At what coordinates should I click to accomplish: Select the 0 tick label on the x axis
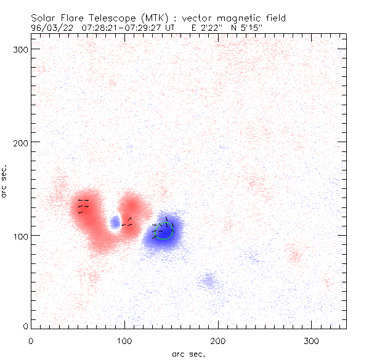pyautogui.click(x=31, y=340)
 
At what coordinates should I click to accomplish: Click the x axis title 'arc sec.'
pyautogui.click(x=188, y=353)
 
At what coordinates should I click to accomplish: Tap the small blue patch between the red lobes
pyautogui.click(x=115, y=222)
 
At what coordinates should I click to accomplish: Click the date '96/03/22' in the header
pyautogui.click(x=50, y=27)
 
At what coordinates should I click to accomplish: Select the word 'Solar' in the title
pyautogui.click(x=43, y=18)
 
